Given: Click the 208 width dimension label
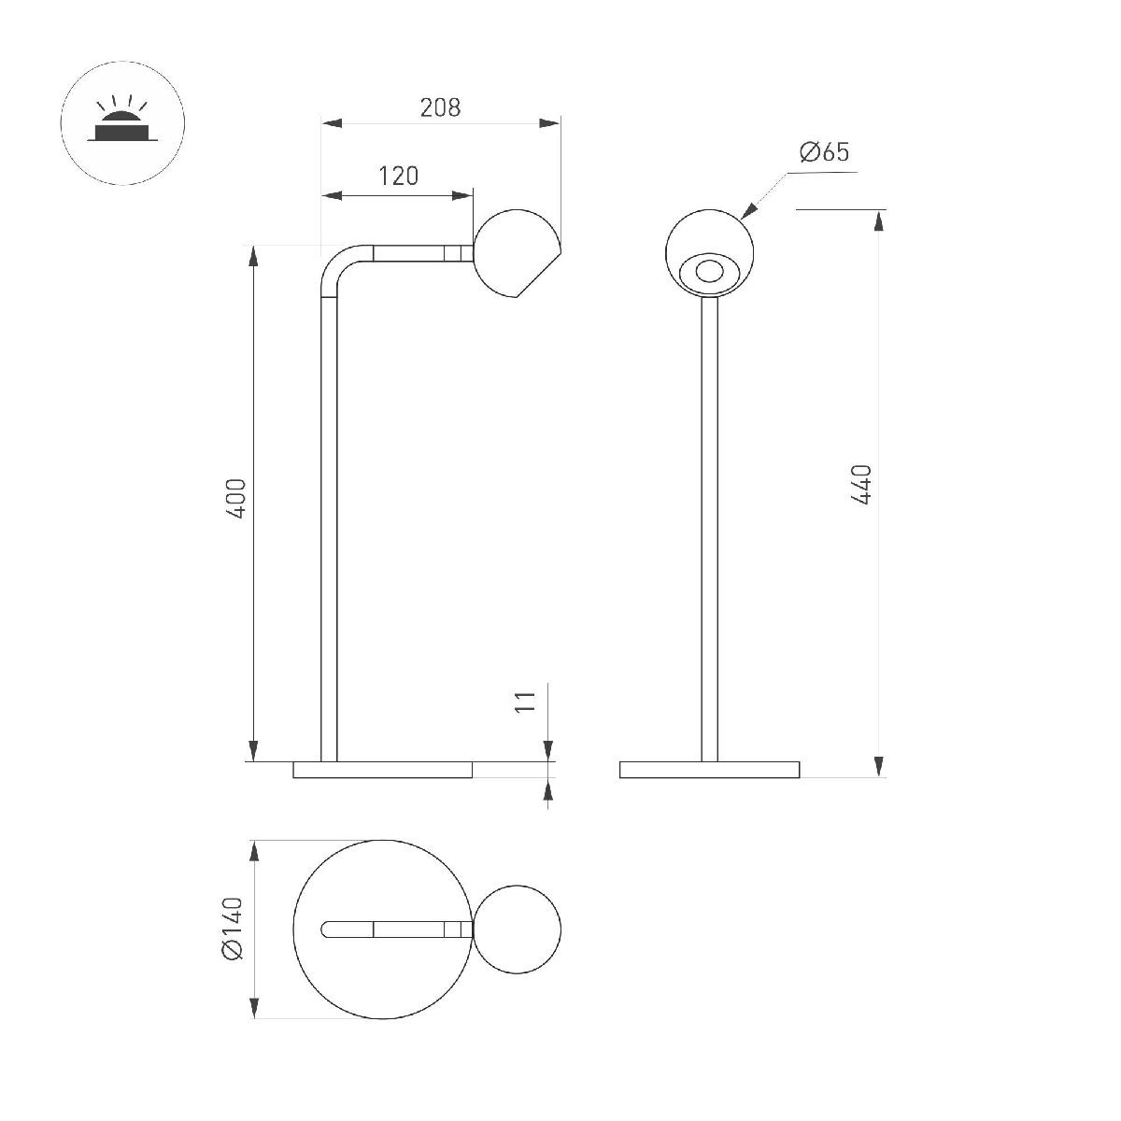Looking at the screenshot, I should (x=440, y=107).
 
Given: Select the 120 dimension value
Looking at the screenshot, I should (x=398, y=176).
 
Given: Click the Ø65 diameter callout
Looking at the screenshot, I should (x=825, y=152).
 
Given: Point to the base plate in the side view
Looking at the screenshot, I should (x=383, y=770).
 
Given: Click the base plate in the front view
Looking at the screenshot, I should (x=710, y=770).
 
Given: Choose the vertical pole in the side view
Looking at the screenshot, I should (x=329, y=523).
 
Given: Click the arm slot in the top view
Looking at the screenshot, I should (x=392, y=929).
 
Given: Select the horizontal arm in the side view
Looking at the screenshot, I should (x=411, y=253).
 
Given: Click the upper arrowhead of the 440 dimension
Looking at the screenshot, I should (x=879, y=220).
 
